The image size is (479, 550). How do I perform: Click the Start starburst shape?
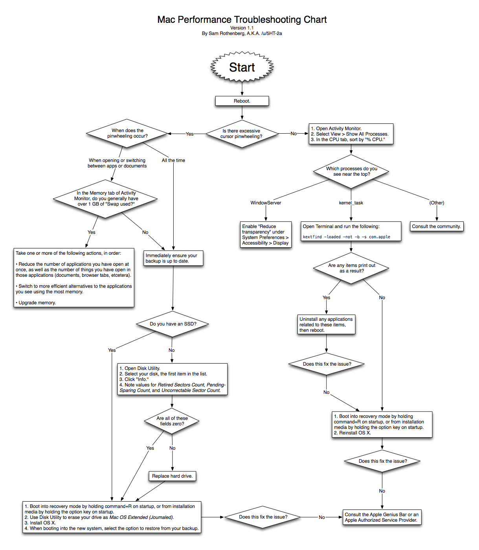[x=242, y=67]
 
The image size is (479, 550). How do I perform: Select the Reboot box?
[x=242, y=101]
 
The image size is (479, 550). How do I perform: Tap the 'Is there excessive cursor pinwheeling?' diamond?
[x=241, y=134]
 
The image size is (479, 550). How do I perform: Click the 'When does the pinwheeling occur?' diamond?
[x=127, y=133]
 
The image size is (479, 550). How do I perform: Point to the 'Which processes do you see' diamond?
[x=351, y=171]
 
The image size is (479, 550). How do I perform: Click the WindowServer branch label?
[x=266, y=203]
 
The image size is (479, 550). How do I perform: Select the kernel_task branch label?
[x=351, y=203]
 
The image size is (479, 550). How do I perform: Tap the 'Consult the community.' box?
[x=436, y=226]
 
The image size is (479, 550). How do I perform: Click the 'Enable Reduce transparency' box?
[x=266, y=235]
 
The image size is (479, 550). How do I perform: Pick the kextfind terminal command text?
[x=346, y=237]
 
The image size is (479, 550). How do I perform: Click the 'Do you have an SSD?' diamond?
[x=173, y=324]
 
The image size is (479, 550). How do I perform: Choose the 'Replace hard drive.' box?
[x=172, y=476]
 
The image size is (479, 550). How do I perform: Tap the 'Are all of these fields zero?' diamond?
[x=172, y=421]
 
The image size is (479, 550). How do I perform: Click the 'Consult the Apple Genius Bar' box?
[x=382, y=517]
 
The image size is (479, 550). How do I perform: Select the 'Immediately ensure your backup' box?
[x=173, y=258]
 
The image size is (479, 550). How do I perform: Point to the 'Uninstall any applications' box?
[x=326, y=325]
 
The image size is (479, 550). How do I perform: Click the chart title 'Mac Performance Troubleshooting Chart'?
[x=242, y=20]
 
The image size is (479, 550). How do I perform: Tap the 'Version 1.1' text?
[x=242, y=28]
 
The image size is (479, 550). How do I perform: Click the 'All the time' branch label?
[x=173, y=160]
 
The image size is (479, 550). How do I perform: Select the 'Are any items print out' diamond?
[x=351, y=268]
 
